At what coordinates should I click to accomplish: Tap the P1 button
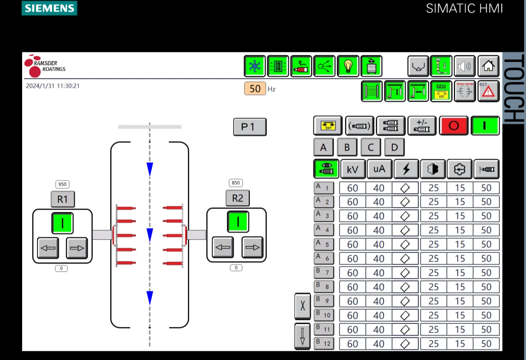250,127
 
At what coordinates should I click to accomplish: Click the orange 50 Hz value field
255,89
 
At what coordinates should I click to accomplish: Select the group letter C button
370,147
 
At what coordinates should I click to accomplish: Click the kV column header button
353,169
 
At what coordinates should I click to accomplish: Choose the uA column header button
379,169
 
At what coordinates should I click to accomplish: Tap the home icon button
488,66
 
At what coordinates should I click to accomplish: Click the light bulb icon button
348,66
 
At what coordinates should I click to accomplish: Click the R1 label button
63,199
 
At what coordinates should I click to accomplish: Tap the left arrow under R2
223,247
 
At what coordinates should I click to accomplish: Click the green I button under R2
238,222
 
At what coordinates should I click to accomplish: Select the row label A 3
324,216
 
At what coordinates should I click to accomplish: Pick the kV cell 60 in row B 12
352,344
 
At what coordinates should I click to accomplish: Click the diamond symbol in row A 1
405,188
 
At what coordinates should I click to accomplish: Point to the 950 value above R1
62,184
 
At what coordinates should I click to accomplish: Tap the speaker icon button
464,66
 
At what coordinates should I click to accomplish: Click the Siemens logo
49,8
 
